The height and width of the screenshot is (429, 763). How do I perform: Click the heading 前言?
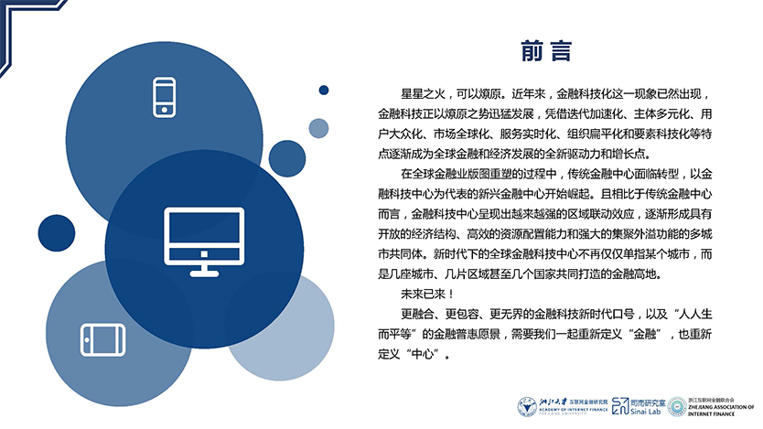[546, 51]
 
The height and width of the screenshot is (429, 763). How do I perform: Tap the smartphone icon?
[165, 97]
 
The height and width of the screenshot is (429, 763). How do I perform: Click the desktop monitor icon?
[204, 241]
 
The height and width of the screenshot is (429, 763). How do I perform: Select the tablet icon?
[102, 339]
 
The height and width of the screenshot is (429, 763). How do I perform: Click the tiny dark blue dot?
[324, 90]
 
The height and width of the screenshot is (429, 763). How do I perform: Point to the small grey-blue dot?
[318, 128]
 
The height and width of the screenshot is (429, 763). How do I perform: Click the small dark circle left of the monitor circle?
[57, 233]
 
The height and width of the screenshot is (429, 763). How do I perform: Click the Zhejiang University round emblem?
[527, 407]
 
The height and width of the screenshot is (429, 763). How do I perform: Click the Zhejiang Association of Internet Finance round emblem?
[677, 407]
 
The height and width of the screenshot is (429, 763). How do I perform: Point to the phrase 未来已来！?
[427, 295]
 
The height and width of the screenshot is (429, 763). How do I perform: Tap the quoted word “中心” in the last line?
[422, 354]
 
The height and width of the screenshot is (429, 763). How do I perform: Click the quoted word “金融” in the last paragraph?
[644, 334]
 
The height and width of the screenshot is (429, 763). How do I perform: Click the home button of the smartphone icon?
[165, 110]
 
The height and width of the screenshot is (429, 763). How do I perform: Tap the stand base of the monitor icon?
[204, 273]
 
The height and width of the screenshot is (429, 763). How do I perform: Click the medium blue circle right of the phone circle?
[287, 158]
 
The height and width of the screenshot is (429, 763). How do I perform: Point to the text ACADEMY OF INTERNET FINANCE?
[574, 410]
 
